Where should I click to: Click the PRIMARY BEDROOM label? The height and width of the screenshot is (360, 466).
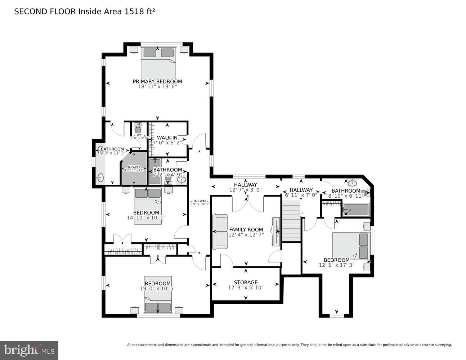(157, 81)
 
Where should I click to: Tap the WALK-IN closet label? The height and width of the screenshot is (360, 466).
(167, 138)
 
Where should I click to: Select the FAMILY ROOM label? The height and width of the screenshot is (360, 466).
(246, 229)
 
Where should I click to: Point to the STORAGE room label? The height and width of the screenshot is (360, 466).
(246, 282)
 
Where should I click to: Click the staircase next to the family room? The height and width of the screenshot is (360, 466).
(291, 221)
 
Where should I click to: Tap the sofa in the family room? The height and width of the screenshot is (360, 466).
(220, 231)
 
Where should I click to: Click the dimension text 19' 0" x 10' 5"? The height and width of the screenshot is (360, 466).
(157, 288)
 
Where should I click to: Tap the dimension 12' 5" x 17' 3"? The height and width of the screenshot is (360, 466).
(336, 265)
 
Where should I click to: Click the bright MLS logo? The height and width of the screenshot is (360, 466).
(29, 350)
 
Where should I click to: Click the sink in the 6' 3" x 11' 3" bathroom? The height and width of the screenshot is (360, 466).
(100, 177)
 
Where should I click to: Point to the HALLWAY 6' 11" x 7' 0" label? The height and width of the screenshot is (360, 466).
(301, 190)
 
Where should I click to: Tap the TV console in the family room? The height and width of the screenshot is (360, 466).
(277, 231)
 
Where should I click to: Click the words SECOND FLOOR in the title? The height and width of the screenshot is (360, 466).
(45, 12)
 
